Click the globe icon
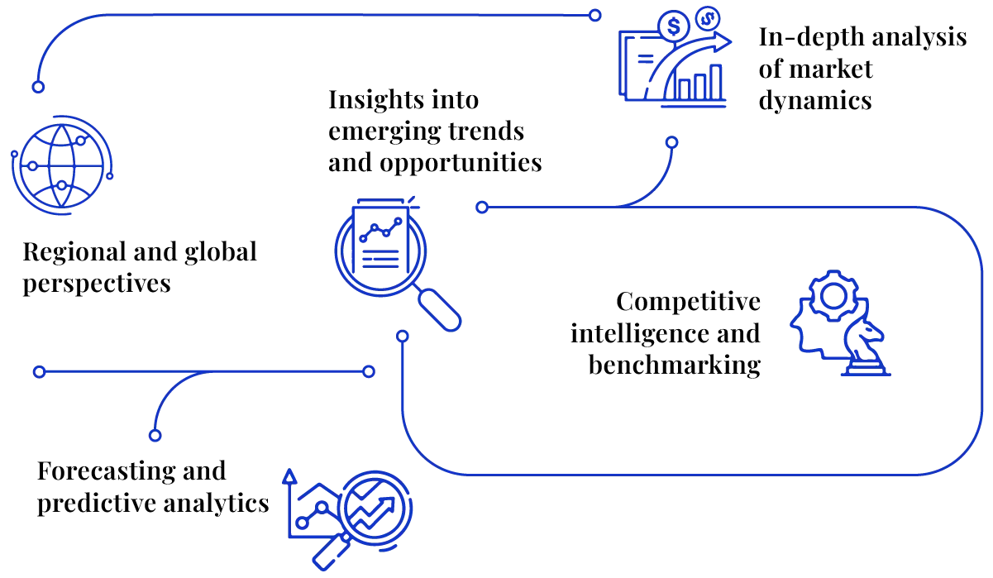point(59,165)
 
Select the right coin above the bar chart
point(707,16)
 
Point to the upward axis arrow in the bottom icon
point(289,477)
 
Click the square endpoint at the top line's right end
point(595,15)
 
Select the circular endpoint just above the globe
point(37,86)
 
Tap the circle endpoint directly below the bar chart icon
point(672,143)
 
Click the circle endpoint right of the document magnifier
point(482,208)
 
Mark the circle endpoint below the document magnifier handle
point(402,336)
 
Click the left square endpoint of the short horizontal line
point(38,373)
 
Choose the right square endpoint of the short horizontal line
point(370,373)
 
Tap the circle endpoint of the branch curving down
point(154,435)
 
